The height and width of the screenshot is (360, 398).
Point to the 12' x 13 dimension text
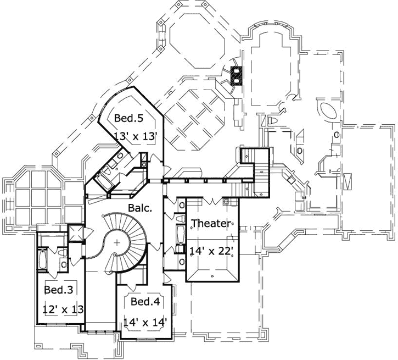tap(63, 309)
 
